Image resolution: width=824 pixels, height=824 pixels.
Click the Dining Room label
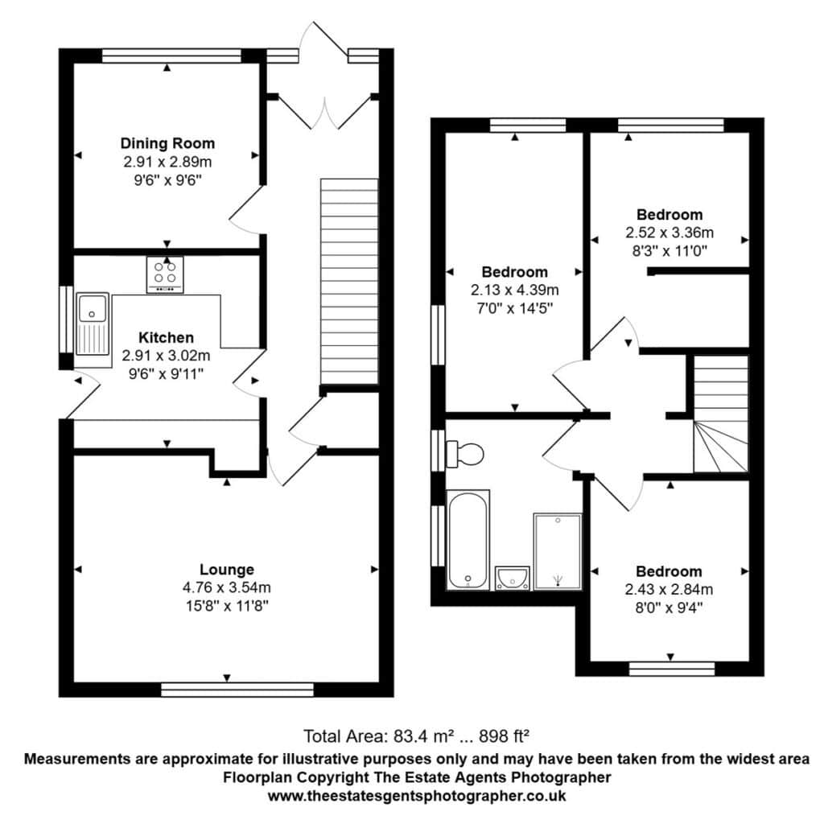[167, 143]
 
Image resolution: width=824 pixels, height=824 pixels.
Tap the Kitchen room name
[166, 337]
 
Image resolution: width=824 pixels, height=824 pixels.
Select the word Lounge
[227, 570]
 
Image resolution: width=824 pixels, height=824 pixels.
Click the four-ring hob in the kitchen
[165, 274]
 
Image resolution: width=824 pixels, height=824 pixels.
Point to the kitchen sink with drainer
[93, 323]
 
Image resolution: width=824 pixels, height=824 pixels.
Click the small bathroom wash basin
[513, 578]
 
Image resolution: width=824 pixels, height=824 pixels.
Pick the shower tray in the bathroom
[558, 551]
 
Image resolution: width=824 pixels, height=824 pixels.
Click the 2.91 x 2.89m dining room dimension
[167, 162]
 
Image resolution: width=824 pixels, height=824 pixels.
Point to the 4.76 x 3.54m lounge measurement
[227, 587]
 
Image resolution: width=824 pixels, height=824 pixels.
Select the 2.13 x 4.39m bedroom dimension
[515, 290]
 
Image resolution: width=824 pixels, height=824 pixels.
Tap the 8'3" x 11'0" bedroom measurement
[669, 251]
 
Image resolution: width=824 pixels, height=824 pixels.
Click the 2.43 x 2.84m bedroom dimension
[669, 590]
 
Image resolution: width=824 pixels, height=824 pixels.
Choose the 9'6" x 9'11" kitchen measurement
[166, 374]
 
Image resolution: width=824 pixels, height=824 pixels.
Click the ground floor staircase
[349, 282]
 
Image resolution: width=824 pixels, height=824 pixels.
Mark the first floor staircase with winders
[721, 414]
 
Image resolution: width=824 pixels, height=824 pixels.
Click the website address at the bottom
[417, 796]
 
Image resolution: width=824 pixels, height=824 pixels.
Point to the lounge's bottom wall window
[237, 690]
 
